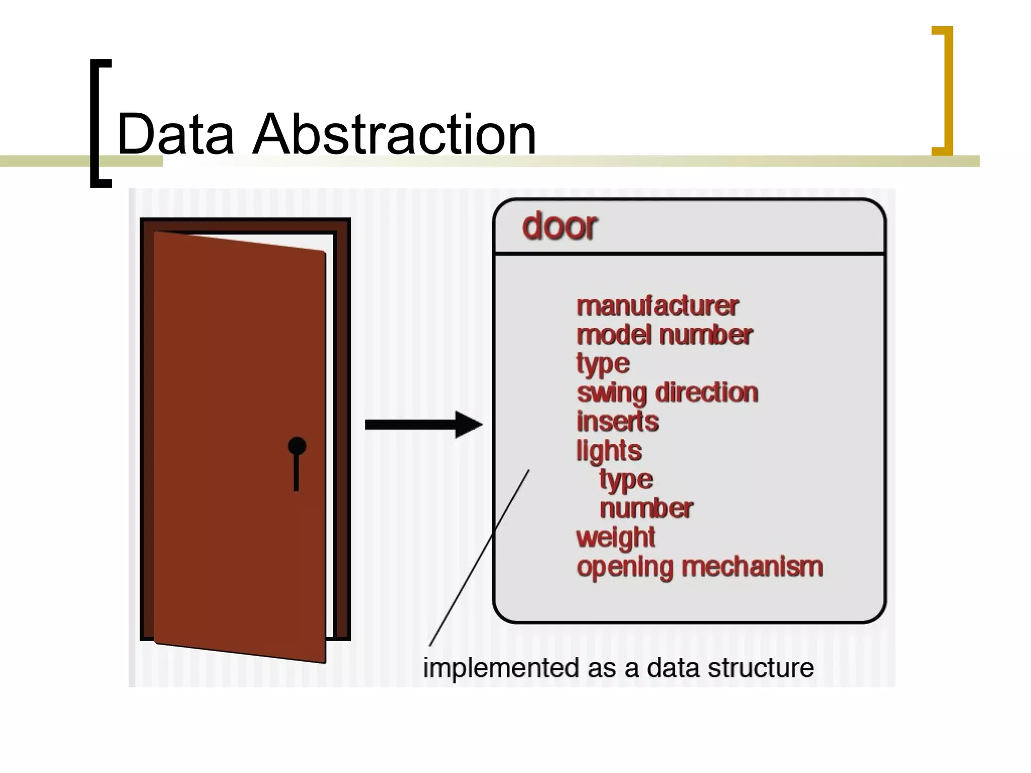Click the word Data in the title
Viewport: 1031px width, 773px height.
(x=175, y=134)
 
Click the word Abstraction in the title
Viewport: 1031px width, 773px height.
(x=394, y=134)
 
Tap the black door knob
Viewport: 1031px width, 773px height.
(x=297, y=446)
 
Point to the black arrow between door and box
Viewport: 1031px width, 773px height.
(x=423, y=425)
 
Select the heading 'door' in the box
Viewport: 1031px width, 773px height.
(x=560, y=226)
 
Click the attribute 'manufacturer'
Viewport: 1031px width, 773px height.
(x=657, y=306)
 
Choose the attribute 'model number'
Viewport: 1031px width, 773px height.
(x=665, y=335)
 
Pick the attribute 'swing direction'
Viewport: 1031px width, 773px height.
(x=668, y=393)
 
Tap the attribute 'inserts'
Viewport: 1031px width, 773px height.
(x=618, y=422)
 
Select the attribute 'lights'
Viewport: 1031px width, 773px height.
(x=609, y=450)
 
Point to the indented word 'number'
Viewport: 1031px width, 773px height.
(x=646, y=509)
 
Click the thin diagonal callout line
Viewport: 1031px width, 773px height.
(x=479, y=558)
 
